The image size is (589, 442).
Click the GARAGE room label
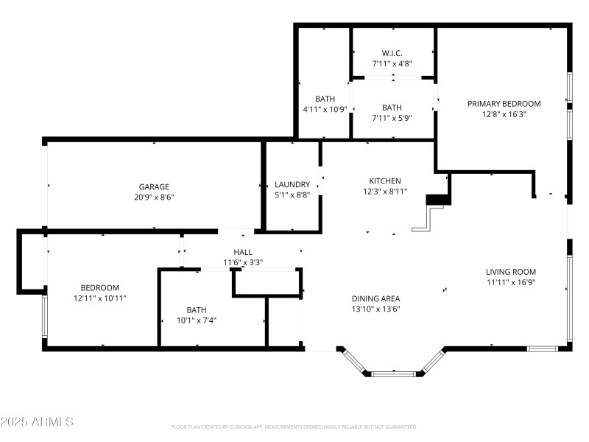coord(155,186)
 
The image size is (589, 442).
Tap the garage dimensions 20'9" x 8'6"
coord(155,197)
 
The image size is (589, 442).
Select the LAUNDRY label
coord(292,184)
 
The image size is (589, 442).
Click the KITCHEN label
coord(384,180)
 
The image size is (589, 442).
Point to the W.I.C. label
coord(392,53)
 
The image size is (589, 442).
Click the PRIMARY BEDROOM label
coord(504,104)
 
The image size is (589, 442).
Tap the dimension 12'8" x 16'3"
coord(504,114)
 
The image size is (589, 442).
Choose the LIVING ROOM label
coord(510,271)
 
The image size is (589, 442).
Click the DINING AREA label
coord(375,298)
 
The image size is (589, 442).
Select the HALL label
coord(243,252)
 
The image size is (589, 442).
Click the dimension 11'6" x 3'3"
coord(243,262)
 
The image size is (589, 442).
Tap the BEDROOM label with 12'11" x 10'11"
coord(99,287)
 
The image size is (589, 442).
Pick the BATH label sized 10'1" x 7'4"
coord(197,309)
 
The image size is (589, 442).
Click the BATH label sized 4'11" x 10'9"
coord(325,99)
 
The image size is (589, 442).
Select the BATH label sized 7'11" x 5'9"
coord(392,108)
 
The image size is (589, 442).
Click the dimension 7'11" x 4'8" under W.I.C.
coord(392,63)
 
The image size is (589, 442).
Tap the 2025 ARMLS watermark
coord(37,422)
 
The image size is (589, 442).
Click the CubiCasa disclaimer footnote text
coord(294,427)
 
